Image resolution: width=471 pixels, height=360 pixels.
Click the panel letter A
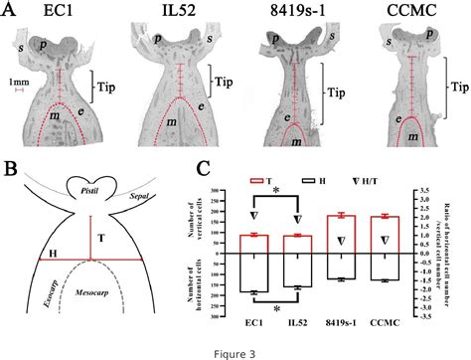tap(11, 12)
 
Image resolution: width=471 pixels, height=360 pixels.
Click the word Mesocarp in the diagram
tap(91, 298)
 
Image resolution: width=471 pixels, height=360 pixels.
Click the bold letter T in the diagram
tap(100, 237)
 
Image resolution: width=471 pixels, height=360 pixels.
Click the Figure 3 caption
tap(235, 350)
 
